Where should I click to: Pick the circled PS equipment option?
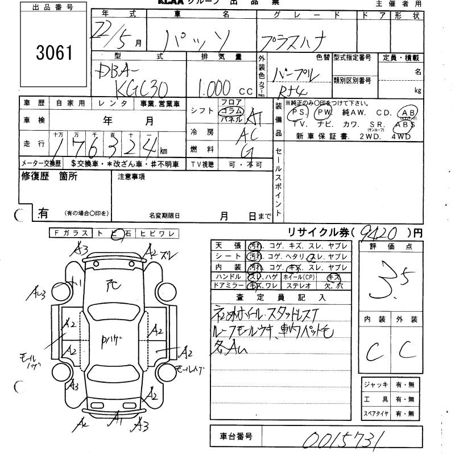(x=296, y=113)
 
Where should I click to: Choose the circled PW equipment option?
(x=324, y=113)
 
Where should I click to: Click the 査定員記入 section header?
(x=287, y=297)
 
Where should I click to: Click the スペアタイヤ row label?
(x=377, y=413)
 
